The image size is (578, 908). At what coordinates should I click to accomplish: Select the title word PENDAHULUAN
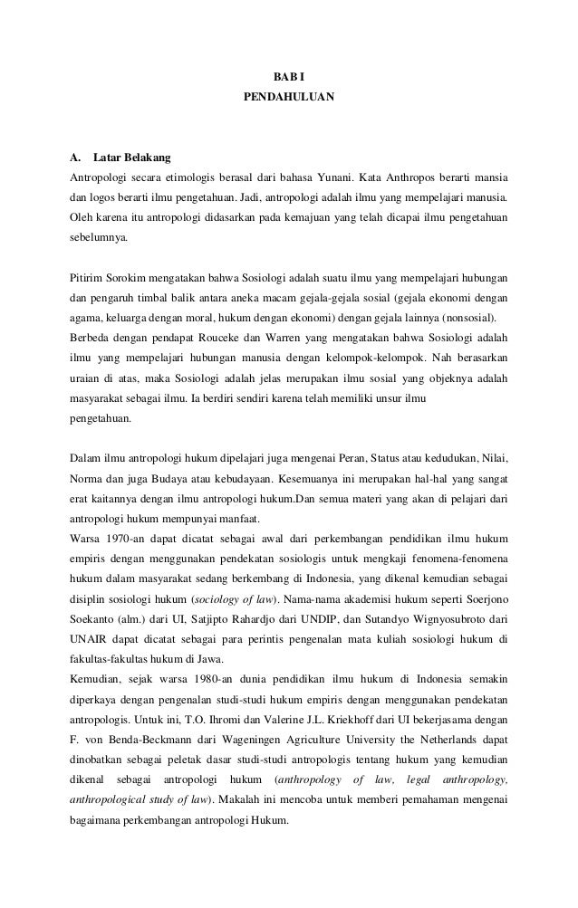click(x=288, y=95)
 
